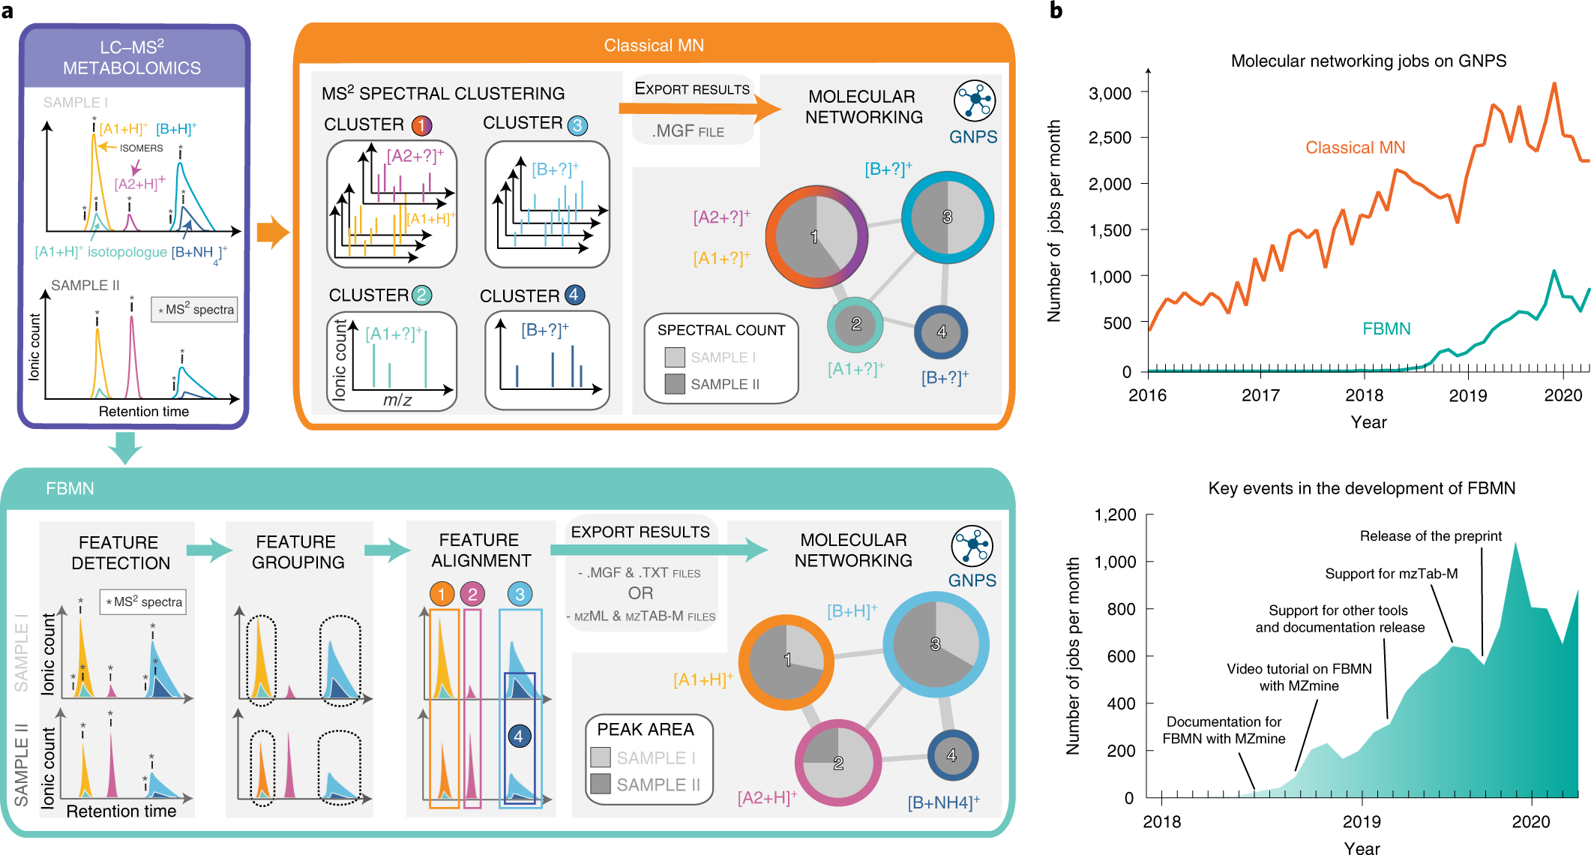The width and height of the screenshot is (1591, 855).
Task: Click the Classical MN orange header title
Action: click(654, 46)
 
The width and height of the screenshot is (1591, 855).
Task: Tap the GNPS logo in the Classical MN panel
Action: click(974, 101)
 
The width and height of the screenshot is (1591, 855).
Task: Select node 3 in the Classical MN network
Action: click(948, 217)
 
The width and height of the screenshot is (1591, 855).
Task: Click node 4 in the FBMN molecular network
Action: click(952, 755)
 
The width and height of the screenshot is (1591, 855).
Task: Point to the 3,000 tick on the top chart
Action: click(1110, 93)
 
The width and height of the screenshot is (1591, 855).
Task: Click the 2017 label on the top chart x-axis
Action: click(1260, 395)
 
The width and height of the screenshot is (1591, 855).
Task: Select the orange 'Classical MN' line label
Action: click(1355, 148)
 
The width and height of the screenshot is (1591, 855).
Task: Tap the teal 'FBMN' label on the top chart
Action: click(1386, 328)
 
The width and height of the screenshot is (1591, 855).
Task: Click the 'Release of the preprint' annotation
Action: click(1431, 536)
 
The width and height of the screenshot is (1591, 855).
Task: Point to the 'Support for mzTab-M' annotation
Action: click(1391, 574)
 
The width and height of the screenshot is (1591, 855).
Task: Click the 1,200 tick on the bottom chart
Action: click(1116, 515)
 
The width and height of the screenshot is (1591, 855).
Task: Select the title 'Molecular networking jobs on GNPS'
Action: click(1368, 61)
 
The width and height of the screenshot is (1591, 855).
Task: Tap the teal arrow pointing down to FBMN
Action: click(125, 447)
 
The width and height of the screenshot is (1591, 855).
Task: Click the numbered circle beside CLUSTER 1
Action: click(422, 125)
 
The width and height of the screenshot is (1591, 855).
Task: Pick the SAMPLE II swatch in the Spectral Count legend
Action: click(675, 384)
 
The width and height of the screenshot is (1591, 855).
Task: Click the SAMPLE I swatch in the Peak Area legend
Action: click(601, 757)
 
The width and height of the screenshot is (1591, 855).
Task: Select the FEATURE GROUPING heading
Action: click(298, 552)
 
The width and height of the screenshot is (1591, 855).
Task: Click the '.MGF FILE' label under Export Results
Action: click(688, 131)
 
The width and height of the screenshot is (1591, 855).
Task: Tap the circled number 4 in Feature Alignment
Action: click(518, 736)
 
